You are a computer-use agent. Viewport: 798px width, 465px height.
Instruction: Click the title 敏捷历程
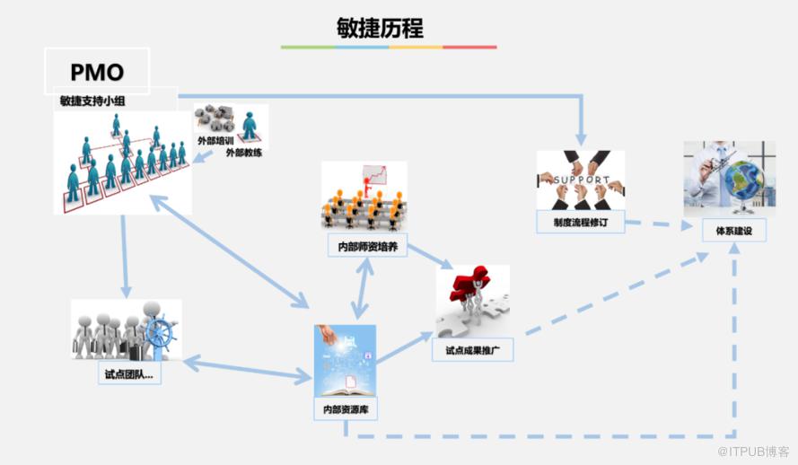tap(388, 27)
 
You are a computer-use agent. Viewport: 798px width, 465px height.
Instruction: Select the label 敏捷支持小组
tap(92, 101)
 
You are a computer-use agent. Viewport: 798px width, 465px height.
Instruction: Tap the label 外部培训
tap(215, 141)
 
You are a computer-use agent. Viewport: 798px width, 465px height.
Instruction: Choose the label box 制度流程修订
tap(581, 222)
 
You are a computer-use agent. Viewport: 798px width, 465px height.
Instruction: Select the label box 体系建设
tap(733, 230)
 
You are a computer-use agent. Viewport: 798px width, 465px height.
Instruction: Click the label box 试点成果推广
tap(474, 349)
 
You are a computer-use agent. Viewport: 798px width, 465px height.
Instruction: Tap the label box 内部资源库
tap(345, 409)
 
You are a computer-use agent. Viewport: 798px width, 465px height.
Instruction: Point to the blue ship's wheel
tap(158, 333)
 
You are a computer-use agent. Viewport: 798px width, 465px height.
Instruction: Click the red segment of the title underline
tap(469, 47)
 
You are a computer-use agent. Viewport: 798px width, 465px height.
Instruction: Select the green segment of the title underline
tap(308, 47)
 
